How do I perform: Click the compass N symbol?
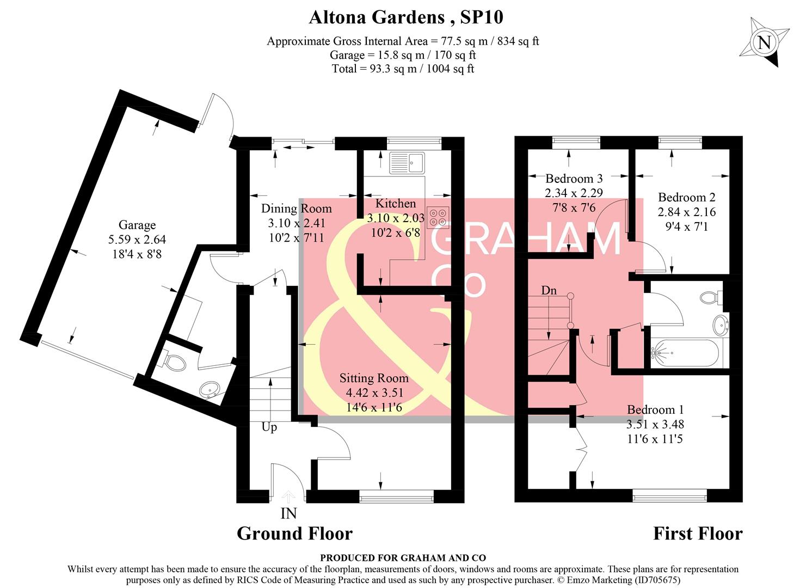(765, 42)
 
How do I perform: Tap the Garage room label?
(137, 225)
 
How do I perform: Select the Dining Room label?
(296, 209)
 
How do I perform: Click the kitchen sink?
(407, 163)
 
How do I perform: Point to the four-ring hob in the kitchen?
(438, 216)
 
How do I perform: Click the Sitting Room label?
(374, 378)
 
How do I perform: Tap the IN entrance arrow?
(288, 497)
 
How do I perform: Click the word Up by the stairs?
(269, 427)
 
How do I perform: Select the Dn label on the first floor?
(549, 290)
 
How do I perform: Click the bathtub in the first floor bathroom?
(684, 353)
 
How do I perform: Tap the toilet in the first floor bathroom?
(710, 297)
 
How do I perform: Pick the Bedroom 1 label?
(655, 410)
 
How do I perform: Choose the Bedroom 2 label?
(686, 198)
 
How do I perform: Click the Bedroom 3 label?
(574, 179)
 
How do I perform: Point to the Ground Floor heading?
(294, 534)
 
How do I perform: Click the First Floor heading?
(698, 534)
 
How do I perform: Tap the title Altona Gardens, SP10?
(406, 17)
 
